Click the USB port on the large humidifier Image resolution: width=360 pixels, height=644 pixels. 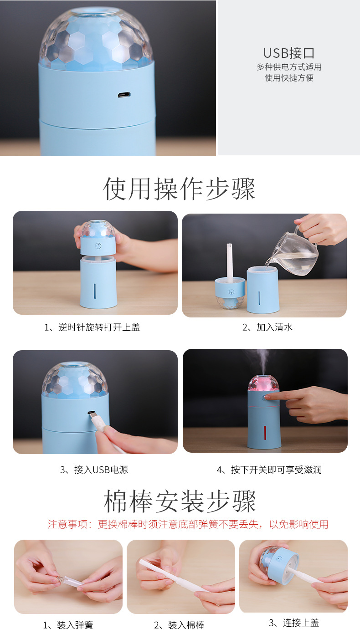coord(123,95)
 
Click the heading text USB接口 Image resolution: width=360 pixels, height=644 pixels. coord(289,53)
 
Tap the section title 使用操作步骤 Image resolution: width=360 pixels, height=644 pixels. coord(179,189)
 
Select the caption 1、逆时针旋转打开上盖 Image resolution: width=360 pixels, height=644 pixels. coord(92,327)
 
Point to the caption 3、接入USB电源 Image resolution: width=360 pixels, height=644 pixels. coord(94,470)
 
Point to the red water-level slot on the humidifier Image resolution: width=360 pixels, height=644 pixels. coord(264,434)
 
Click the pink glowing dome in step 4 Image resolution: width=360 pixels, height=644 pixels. coord(263,383)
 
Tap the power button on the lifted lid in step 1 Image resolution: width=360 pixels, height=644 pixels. coord(98,245)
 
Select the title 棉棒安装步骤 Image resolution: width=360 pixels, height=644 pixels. coord(180,501)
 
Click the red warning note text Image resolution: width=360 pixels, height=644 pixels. coord(188,524)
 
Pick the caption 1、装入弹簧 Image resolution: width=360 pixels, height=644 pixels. coord(68,625)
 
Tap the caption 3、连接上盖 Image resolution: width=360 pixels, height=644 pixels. coord(294,623)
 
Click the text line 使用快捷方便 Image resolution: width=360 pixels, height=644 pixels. coord(289,78)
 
